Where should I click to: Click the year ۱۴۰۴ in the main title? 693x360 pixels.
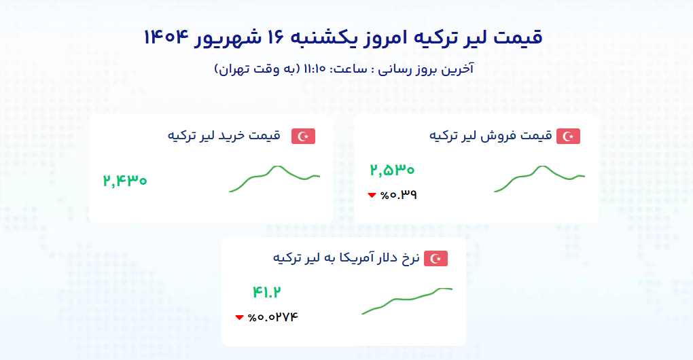click(x=166, y=37)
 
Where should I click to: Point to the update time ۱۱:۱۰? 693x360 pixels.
click(x=315, y=69)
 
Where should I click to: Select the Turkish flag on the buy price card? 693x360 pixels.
click(x=303, y=136)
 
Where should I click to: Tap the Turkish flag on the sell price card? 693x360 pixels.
click(x=568, y=136)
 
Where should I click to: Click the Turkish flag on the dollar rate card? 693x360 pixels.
click(x=436, y=258)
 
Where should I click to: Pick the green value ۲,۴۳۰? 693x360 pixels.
click(x=125, y=181)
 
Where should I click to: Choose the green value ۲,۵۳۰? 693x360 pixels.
click(x=392, y=170)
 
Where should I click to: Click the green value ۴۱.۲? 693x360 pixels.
click(x=266, y=292)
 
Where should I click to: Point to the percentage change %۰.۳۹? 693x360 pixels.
click(x=399, y=195)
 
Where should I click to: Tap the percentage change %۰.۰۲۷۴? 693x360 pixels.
click(x=273, y=317)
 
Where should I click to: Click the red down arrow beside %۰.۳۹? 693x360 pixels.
click(x=372, y=195)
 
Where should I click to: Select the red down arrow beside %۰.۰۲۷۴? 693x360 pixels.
click(x=240, y=317)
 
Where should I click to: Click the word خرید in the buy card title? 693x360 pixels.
click(x=232, y=135)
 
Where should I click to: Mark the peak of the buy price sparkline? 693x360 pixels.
click(x=277, y=166)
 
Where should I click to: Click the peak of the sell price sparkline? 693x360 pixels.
click(x=542, y=166)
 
